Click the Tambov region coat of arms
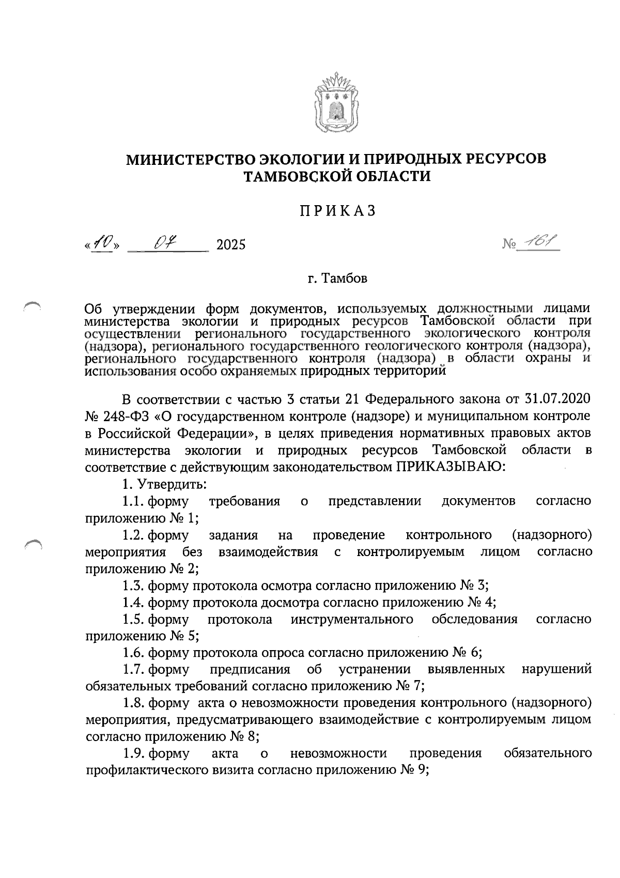tap(336, 103)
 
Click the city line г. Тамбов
tap(337, 279)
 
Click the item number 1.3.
tap(133, 586)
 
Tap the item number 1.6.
tap(133, 653)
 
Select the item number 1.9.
tap(133, 753)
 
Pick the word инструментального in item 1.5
tap(352, 619)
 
